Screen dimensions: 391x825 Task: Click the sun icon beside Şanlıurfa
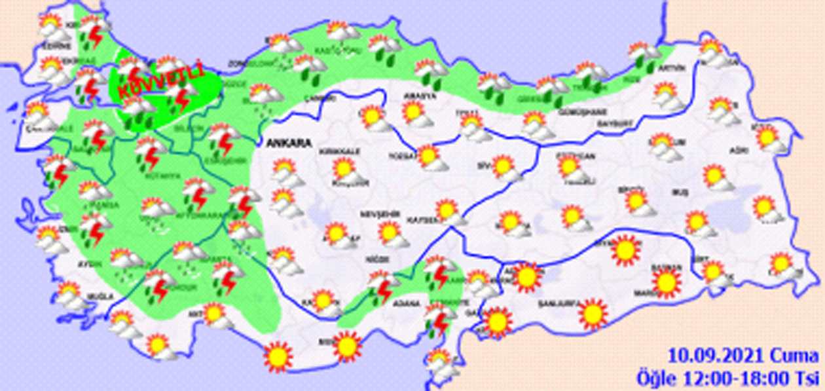593,313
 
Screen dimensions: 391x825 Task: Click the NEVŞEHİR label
377,214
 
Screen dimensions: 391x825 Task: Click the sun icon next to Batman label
667,283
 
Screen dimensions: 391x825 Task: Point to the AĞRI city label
739,151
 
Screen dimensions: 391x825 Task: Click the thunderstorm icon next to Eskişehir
224,139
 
